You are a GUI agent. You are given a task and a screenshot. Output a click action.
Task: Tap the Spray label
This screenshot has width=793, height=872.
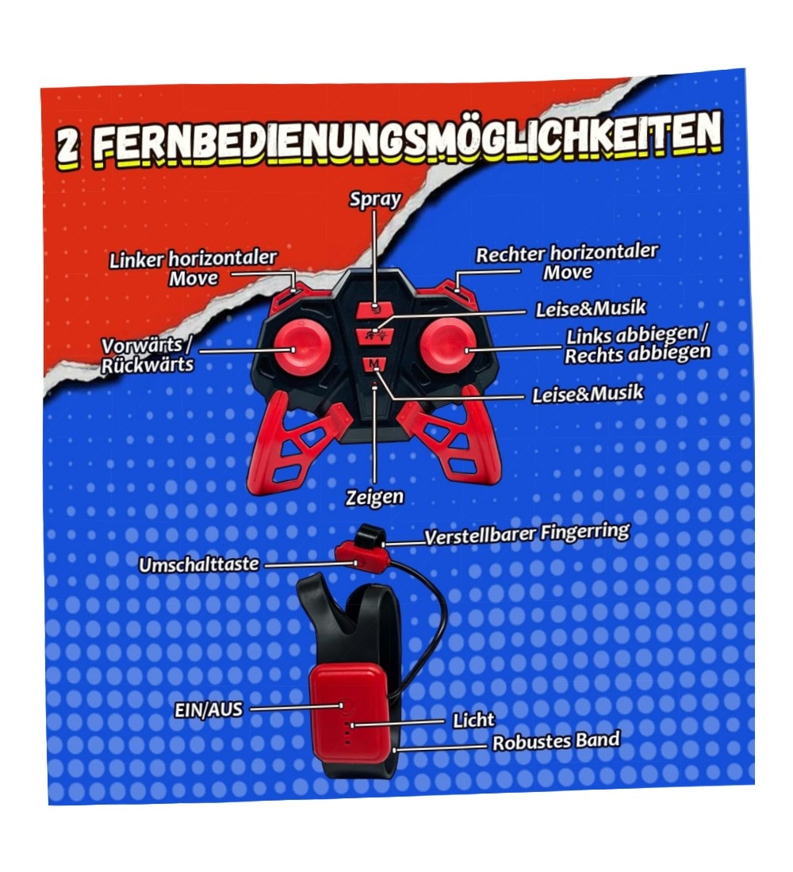[x=375, y=200]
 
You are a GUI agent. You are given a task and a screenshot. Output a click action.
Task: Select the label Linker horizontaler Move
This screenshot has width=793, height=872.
[x=193, y=268]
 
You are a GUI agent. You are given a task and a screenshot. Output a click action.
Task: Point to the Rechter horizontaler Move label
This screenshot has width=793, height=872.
[x=566, y=262]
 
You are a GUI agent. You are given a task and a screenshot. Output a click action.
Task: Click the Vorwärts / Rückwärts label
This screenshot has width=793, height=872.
[x=147, y=355]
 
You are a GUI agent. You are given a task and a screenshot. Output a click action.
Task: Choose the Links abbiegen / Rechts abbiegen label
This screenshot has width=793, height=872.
[x=638, y=345]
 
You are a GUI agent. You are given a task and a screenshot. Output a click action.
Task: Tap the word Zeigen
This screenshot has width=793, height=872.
[x=374, y=496]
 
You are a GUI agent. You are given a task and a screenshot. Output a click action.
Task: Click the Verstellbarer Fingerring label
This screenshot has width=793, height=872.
[x=527, y=534]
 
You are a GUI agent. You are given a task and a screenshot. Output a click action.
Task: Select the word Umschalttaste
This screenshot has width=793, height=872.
[x=199, y=564]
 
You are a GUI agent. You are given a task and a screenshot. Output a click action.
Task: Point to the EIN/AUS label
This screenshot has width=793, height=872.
[x=209, y=709]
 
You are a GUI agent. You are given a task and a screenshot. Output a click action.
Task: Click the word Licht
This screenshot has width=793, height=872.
[x=473, y=721]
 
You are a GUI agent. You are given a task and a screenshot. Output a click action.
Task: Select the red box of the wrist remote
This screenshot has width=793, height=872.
[x=350, y=714]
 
